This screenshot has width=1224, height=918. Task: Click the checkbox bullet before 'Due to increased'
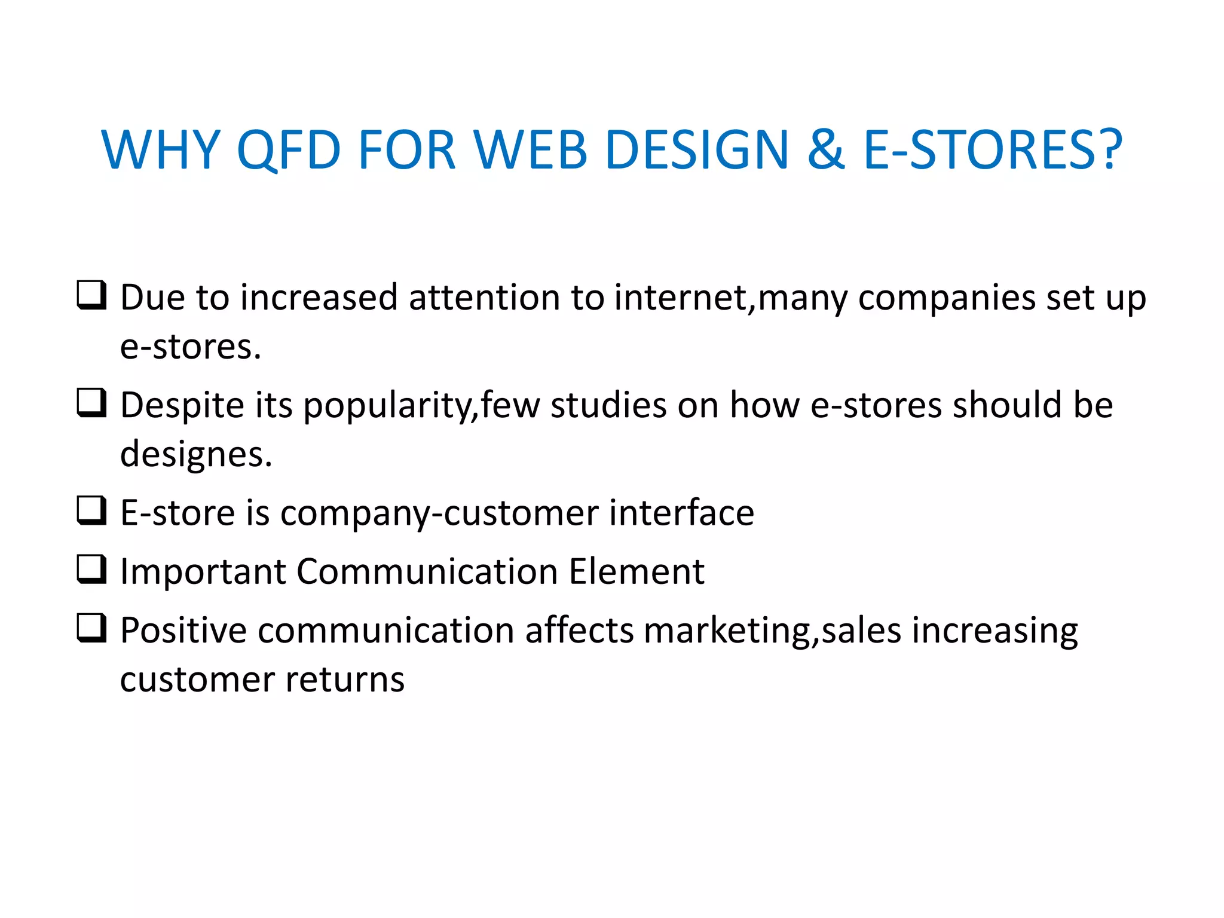pos(91,295)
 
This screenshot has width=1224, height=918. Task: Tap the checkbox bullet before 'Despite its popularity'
pos(91,403)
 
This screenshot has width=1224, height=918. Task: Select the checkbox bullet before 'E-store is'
pos(91,510)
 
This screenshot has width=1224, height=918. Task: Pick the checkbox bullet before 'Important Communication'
pos(91,569)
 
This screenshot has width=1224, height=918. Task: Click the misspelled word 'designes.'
pos(196,455)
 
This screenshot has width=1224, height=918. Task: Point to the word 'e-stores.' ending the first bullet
pos(191,347)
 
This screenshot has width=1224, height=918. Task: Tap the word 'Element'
pos(637,571)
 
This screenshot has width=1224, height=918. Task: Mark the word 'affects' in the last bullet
pos(579,631)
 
